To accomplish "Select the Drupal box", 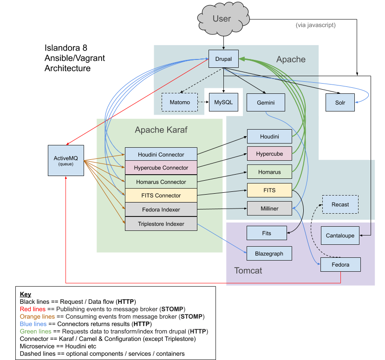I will coord(223,59).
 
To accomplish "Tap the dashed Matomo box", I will coord(179,102).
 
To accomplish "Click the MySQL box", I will coord(223,102).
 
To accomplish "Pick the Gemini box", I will coord(266,102).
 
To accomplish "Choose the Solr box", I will coord(340,103).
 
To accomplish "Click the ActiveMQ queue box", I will coord(66,160).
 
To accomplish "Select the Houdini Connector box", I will coord(161,154).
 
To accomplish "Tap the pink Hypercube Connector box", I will coord(161,168).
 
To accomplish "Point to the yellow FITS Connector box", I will coord(161,196).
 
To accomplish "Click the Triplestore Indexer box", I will coord(161,224).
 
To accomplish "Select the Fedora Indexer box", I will coord(161,209).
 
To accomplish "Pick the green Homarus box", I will coord(269,172).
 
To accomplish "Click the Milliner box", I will coord(269,209).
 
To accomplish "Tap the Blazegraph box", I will coord(269,253).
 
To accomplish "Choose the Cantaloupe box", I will coord(340,236).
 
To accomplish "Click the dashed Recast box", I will coord(340,204).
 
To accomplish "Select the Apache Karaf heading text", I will coord(161,130).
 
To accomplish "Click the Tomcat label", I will coord(248,270).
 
